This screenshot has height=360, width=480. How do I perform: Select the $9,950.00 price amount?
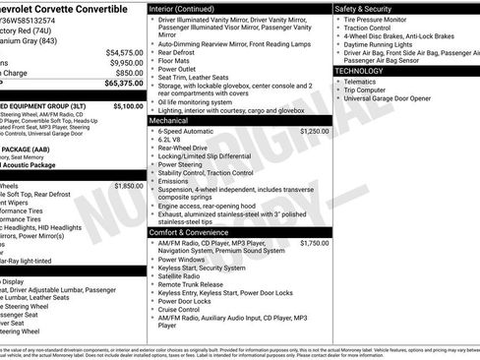pos(124,62)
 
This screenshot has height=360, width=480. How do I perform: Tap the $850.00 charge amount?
pos(128,73)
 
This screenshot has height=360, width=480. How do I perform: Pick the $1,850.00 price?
pos(128,185)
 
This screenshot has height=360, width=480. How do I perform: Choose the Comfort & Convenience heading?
pos(197,231)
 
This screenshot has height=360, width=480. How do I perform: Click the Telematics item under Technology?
pos(366,82)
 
